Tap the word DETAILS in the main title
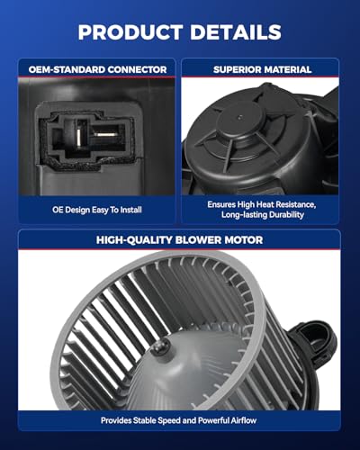[236, 32]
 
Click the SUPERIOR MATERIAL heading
[264, 67]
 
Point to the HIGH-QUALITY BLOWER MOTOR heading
[180, 239]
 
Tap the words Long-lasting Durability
[264, 215]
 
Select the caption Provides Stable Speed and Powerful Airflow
[180, 419]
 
